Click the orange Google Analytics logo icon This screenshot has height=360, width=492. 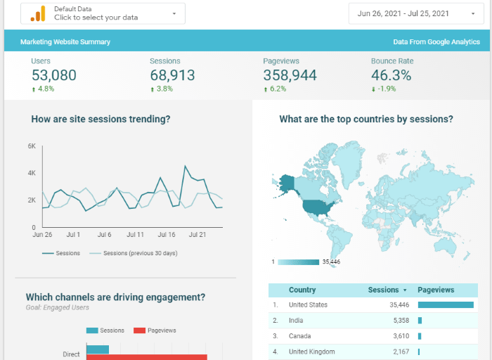pyautogui.click(x=38, y=13)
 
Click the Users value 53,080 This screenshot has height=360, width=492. pyautogui.click(x=53, y=75)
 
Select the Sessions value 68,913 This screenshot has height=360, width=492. pyautogui.click(x=172, y=75)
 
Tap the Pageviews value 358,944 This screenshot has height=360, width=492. pyautogui.click(x=290, y=75)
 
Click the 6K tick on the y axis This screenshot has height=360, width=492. pyautogui.click(x=32, y=146)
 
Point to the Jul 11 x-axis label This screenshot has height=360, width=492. pyautogui.click(x=135, y=235)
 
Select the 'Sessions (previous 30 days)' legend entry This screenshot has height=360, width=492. pyautogui.click(x=140, y=253)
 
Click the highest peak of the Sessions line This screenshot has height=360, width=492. pyautogui.click(x=186, y=167)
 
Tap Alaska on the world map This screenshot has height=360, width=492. pyautogui.click(x=287, y=182)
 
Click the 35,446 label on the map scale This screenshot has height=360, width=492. pyautogui.click(x=330, y=262)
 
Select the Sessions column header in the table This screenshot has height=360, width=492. pyautogui.click(x=383, y=290)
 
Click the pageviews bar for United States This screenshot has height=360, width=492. pyautogui.click(x=446, y=305)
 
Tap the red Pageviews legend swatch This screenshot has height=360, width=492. pyautogui.click(x=139, y=330)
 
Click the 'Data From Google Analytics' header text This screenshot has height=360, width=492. pyautogui.click(x=436, y=42)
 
